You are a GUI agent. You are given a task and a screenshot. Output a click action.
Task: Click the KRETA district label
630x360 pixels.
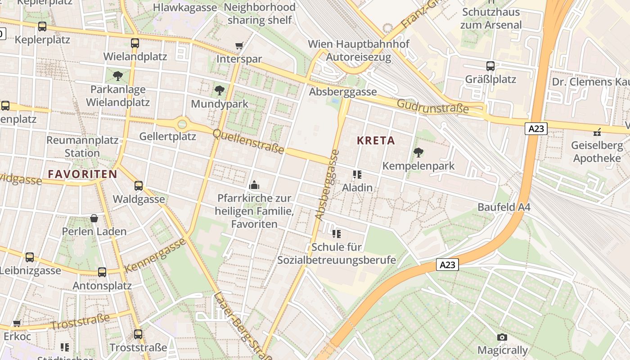[376, 140]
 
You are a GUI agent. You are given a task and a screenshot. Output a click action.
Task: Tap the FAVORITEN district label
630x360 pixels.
[82, 174]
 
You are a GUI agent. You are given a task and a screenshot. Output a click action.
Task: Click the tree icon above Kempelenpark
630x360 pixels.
[418, 152]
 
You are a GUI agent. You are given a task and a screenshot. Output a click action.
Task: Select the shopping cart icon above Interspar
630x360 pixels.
[239, 45]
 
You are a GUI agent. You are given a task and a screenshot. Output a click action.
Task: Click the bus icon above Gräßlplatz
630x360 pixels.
[490, 66]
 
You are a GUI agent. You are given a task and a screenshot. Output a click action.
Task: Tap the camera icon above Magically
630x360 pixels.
[502, 337]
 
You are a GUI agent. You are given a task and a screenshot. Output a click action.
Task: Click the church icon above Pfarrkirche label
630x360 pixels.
[254, 185]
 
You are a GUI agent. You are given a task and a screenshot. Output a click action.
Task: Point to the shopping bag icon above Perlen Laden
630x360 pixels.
[94, 218]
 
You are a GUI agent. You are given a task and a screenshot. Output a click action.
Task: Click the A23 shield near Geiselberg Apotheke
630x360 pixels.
[536, 129]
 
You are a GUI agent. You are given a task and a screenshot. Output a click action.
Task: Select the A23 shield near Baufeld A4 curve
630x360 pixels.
[447, 265]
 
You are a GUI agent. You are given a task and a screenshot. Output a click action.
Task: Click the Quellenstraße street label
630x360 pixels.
[248, 141]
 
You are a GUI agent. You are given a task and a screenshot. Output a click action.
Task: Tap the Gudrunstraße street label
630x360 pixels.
[432, 106]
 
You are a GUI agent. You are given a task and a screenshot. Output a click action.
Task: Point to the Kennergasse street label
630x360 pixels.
[155, 256]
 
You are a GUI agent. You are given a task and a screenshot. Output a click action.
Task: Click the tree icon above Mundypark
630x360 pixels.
[219, 90]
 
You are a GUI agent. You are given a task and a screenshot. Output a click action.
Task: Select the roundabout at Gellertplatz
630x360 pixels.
[182, 123]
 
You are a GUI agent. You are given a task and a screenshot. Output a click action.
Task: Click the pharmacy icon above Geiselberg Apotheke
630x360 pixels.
[597, 132]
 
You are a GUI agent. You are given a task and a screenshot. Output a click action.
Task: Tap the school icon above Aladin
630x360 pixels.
[357, 174]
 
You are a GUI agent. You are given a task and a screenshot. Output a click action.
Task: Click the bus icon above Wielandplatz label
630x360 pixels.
[135, 43]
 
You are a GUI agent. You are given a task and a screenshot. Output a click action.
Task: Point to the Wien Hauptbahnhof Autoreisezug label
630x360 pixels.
[359, 50]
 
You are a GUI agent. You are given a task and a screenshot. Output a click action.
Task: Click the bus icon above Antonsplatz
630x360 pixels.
[102, 272]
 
